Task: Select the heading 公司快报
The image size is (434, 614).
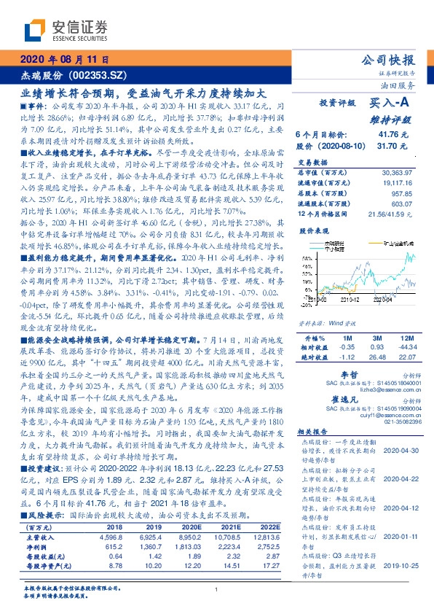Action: [389, 60]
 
